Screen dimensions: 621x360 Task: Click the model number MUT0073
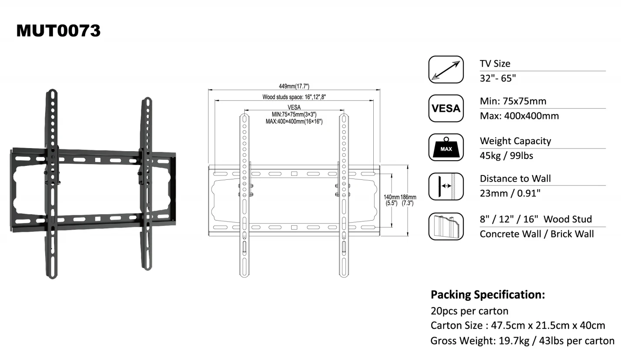(x=58, y=30)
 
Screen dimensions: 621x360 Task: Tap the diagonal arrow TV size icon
(x=446, y=69)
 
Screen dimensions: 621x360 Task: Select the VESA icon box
(x=446, y=109)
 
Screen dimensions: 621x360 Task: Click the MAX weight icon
(x=446, y=148)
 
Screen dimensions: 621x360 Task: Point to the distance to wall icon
(x=446, y=186)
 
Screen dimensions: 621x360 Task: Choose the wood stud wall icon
(x=446, y=226)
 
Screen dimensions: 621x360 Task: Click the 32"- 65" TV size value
(x=498, y=78)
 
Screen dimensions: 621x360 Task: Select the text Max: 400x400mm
(x=519, y=116)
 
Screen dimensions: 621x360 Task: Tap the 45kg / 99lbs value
(x=506, y=156)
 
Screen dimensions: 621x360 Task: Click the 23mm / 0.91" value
(x=510, y=193)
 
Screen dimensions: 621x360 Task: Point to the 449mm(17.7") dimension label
(x=294, y=86)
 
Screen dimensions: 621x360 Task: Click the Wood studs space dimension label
(x=294, y=97)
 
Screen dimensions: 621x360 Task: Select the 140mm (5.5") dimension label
(x=392, y=200)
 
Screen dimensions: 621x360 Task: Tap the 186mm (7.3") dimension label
(x=408, y=200)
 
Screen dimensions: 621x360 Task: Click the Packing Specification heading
(x=488, y=295)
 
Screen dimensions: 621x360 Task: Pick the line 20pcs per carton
(x=469, y=311)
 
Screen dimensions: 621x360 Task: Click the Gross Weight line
(x=522, y=340)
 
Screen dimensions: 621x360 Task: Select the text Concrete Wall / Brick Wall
(x=537, y=234)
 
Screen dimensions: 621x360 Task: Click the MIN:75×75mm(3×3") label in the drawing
(x=294, y=115)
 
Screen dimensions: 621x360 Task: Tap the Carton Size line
(x=518, y=325)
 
